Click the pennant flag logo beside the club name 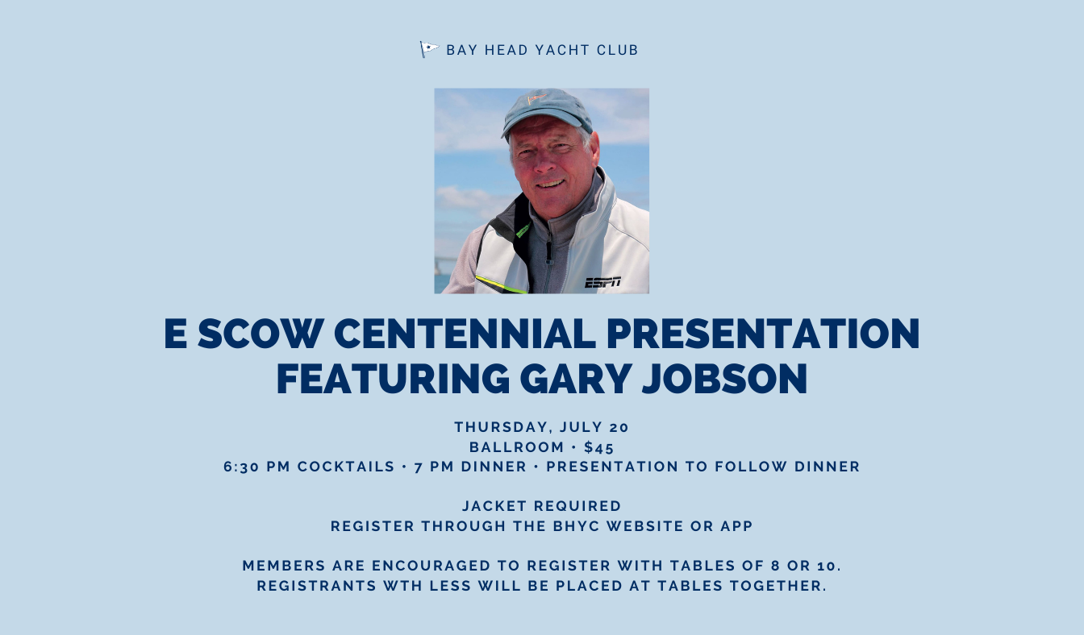pyautogui.click(x=429, y=49)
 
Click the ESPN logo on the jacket pyautogui.click(x=603, y=282)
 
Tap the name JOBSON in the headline pyautogui.click(x=724, y=378)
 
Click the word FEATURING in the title pyautogui.click(x=393, y=378)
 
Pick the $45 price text pyautogui.click(x=599, y=447)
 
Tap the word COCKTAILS pyautogui.click(x=346, y=467)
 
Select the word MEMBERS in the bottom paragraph pyautogui.click(x=284, y=566)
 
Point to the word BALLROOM pyautogui.click(x=516, y=447)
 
